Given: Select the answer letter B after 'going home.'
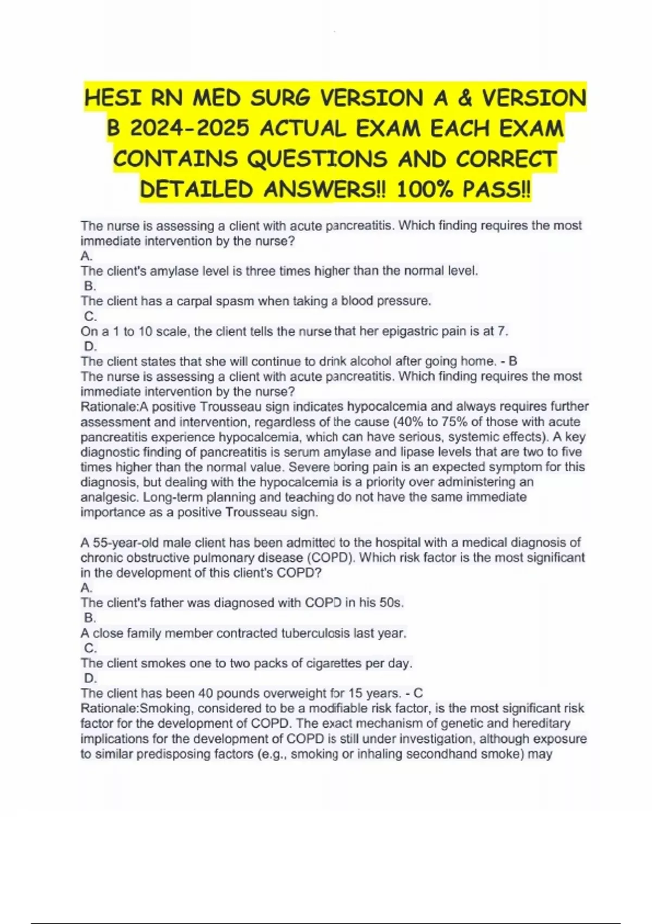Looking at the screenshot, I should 513,361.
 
